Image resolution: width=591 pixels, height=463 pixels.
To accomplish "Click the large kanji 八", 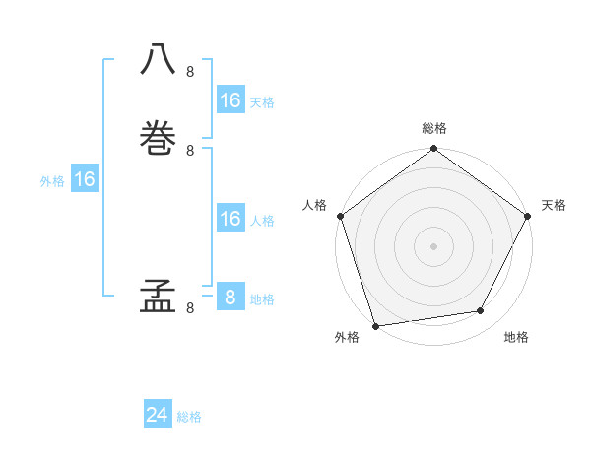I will click(x=159, y=58).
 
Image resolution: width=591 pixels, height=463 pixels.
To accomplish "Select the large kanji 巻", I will click(x=159, y=135).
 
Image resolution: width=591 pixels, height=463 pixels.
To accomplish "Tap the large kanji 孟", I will click(x=159, y=295).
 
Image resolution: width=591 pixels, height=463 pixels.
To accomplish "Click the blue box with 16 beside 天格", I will click(x=230, y=100).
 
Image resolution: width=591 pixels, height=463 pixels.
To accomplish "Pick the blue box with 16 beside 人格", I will click(x=230, y=219).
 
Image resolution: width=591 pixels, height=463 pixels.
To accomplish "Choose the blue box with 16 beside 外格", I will click(x=84, y=179).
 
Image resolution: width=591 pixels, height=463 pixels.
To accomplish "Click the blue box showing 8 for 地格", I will click(x=230, y=298).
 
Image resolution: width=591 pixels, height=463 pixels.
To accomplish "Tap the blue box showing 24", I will click(x=158, y=415).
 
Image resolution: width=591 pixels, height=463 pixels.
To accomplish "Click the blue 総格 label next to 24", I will click(x=189, y=417).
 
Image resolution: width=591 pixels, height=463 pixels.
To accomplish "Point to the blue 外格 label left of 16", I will click(x=52, y=181).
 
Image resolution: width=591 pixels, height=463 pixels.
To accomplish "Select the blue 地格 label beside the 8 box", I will click(x=262, y=299).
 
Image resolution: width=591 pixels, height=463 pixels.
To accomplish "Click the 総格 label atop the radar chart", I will click(x=433, y=128).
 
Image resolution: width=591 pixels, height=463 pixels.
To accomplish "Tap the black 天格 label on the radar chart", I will click(x=554, y=205).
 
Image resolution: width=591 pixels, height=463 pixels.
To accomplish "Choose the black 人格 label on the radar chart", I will click(x=314, y=205).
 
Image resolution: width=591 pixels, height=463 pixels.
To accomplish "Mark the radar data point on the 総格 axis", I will click(x=433, y=149).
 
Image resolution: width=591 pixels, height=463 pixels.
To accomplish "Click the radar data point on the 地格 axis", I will click(x=481, y=311).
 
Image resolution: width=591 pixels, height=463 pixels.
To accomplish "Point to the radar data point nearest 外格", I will click(x=375, y=325).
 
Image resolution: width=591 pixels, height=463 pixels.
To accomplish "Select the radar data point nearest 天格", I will click(x=527, y=216).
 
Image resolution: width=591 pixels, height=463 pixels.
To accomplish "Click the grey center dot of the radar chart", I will click(x=433, y=246).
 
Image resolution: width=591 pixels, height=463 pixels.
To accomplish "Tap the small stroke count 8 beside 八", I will click(x=190, y=72).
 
